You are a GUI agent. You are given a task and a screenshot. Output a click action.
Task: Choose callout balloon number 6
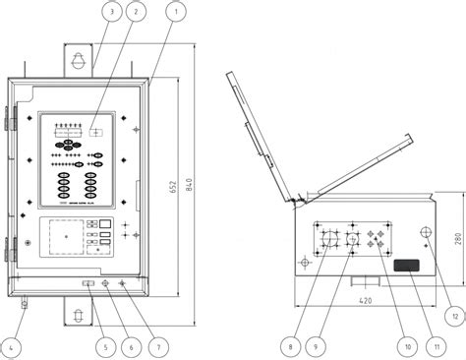[130, 345]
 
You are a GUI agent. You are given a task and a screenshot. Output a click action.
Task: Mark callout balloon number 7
[154, 345]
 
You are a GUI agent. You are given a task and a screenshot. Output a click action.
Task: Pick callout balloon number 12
[453, 315]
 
